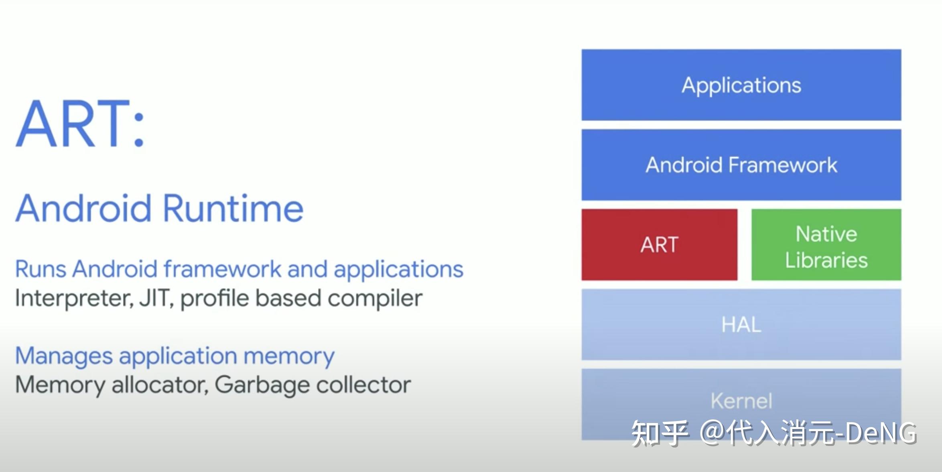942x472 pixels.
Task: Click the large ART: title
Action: (80, 124)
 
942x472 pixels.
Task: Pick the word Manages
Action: (64, 356)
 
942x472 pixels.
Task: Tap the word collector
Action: (363, 385)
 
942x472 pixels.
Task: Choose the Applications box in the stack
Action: (741, 85)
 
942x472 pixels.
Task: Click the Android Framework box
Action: (741, 165)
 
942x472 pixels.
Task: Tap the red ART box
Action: (659, 244)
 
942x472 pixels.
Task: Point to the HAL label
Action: (741, 324)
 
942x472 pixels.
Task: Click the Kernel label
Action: (741, 401)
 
